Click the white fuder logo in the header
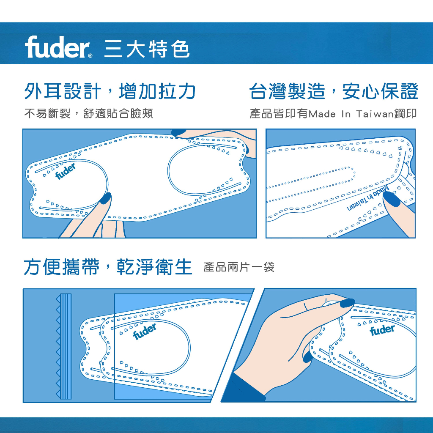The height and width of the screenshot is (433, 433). click(x=57, y=47)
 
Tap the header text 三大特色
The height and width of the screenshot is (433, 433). click(x=147, y=49)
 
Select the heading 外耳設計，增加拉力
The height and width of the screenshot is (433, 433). click(x=110, y=91)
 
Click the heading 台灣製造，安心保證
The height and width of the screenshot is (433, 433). click(x=334, y=91)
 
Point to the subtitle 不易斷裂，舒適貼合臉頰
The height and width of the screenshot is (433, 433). click(x=89, y=113)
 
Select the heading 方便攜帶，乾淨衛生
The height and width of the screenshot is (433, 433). click(x=108, y=267)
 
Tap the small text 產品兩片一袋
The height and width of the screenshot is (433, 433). click(x=239, y=267)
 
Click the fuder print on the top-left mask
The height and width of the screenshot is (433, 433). click(x=66, y=171)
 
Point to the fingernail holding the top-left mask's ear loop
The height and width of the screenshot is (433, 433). click(x=105, y=198)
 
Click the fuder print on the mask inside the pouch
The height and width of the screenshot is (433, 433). click(x=145, y=331)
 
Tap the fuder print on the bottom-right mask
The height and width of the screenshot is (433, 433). click(x=382, y=330)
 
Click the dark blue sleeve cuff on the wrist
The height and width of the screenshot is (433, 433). click(x=243, y=388)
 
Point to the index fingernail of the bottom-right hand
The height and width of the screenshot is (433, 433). click(x=348, y=303)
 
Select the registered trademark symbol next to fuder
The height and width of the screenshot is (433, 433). click(x=90, y=56)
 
